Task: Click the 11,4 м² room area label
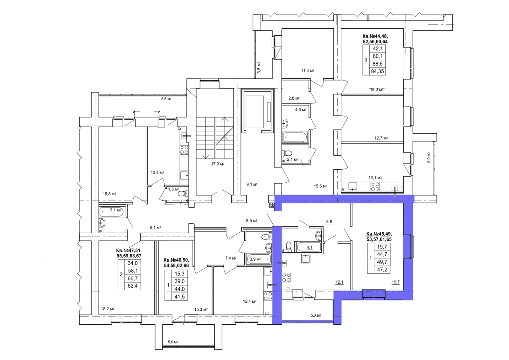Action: (x=308, y=71)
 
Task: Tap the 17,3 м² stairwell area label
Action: (x=218, y=164)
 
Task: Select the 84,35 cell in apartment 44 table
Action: (x=377, y=71)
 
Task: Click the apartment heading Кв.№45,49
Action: (x=379, y=234)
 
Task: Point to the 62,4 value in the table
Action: (x=133, y=286)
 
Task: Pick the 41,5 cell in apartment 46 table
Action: (x=179, y=297)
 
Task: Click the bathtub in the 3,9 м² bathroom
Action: (x=259, y=259)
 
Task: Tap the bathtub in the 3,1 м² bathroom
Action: (x=112, y=211)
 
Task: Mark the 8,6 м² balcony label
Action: (x=166, y=99)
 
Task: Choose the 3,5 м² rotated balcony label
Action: (x=259, y=67)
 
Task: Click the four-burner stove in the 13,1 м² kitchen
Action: (x=375, y=187)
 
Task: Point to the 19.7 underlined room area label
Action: (x=396, y=282)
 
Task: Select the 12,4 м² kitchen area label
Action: (x=249, y=301)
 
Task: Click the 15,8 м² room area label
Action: (x=109, y=194)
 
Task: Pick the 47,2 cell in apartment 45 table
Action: (x=382, y=270)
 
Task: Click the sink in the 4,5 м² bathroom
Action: (x=285, y=124)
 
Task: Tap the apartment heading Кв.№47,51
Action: (x=129, y=251)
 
